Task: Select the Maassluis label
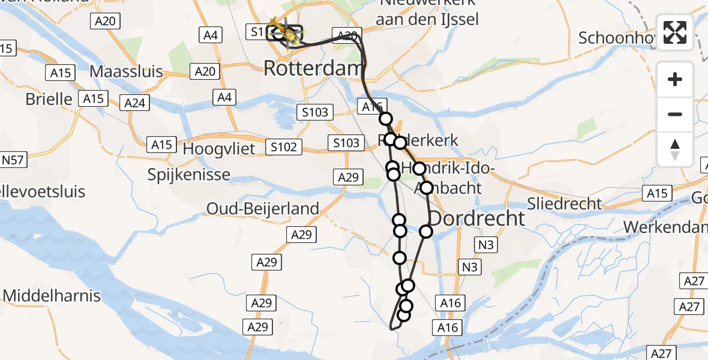126,72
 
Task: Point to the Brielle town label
49,99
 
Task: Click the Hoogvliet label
219,148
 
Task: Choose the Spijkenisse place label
190,175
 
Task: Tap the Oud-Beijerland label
263,209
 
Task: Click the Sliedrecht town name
565,203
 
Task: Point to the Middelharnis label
52,295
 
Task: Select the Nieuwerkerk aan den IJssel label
427,12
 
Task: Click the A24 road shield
134,103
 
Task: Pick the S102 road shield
284,146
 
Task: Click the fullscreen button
675,32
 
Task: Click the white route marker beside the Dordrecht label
426,231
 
